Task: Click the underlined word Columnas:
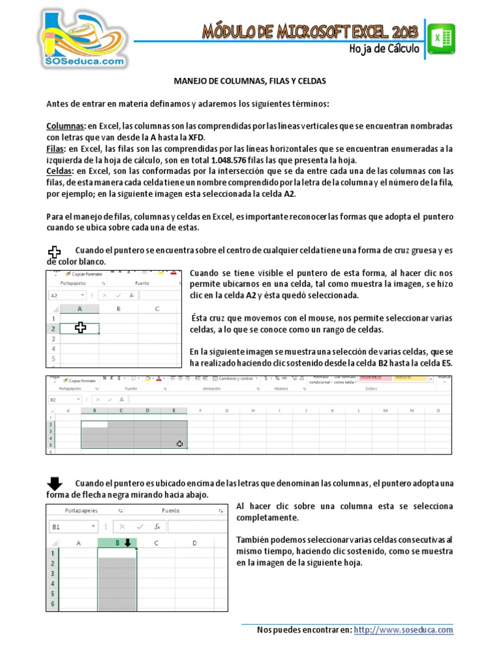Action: (x=66, y=125)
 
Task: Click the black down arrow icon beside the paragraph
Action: (x=55, y=483)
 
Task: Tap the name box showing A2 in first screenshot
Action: (x=71, y=294)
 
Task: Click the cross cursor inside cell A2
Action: (x=80, y=328)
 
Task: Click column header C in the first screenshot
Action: (x=158, y=309)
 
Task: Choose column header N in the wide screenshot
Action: (x=412, y=410)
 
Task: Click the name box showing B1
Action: (x=72, y=527)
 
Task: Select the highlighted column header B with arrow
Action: (x=118, y=543)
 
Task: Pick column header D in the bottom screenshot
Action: (x=195, y=543)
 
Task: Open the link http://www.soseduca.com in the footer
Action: (x=404, y=630)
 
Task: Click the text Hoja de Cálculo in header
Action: (x=385, y=49)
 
